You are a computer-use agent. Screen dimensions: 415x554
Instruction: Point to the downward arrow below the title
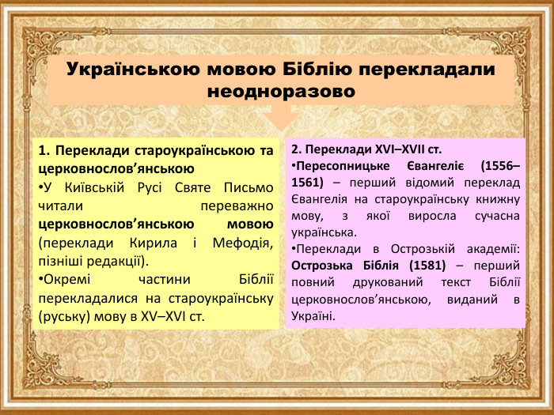point(279,119)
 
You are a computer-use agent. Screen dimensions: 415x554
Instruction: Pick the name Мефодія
point(244,243)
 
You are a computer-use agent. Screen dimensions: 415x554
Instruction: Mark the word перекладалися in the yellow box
point(87,299)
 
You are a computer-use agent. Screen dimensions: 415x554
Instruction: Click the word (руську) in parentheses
point(63,318)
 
